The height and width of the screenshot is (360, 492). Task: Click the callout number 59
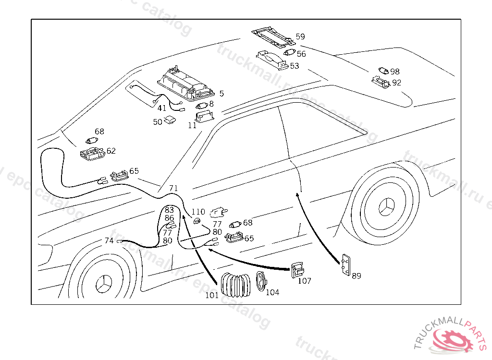(300, 36)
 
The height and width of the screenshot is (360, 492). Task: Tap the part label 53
(294, 66)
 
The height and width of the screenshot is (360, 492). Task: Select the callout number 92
(396, 83)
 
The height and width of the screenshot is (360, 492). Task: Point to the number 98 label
(395, 72)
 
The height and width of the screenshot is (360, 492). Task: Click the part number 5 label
(221, 93)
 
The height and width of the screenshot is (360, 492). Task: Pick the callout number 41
(162, 108)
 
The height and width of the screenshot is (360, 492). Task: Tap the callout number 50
(158, 122)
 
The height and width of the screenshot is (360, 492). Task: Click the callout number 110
(198, 212)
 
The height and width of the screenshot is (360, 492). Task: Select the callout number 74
(109, 240)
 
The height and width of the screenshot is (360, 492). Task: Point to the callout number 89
(356, 276)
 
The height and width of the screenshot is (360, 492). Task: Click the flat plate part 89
(346, 265)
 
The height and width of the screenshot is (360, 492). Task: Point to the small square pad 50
(170, 120)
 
